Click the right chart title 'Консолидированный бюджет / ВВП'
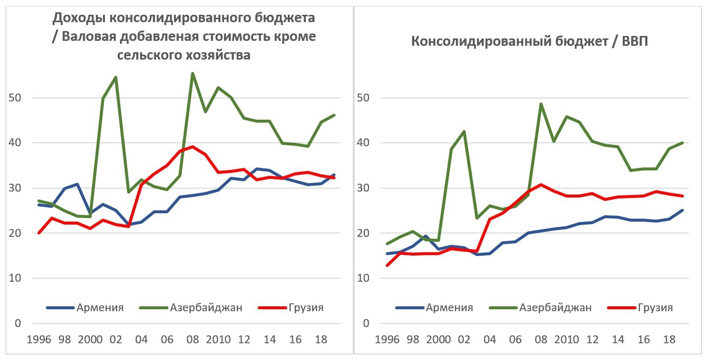[529, 41]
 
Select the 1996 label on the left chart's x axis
[38, 340]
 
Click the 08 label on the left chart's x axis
[193, 340]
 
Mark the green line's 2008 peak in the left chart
[193, 73]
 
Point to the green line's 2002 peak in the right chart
[464, 131]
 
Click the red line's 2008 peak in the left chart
[193, 146]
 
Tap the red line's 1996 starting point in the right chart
[387, 265]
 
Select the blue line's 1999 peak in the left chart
[77, 184]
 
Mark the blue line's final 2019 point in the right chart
[682, 210]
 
